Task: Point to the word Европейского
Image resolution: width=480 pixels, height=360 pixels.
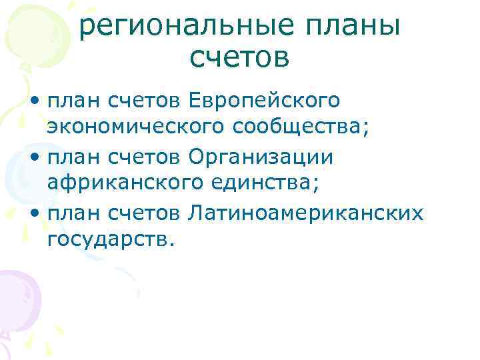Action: tap(265, 102)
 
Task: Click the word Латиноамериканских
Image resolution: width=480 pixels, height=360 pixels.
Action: tap(306, 213)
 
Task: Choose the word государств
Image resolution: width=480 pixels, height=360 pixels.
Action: tap(111, 238)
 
